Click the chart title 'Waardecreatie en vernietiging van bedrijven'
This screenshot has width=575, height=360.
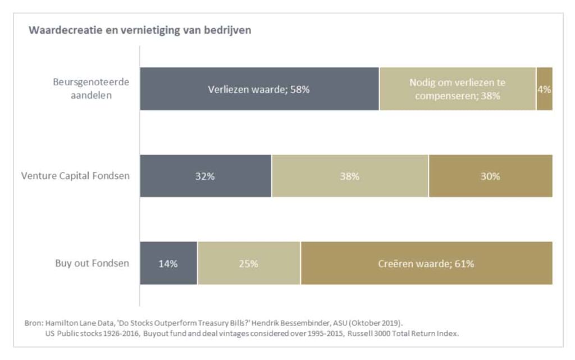[140, 30]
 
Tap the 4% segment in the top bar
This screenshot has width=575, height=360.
[544, 89]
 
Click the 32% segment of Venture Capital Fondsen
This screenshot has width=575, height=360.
[206, 176]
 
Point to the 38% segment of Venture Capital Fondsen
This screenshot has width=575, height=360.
[350, 176]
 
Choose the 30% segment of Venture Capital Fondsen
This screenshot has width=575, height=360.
[490, 176]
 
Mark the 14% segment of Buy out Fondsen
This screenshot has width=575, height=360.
[168, 263]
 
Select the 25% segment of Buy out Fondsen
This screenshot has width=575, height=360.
[249, 263]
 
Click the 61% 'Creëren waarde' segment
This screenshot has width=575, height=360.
[426, 263]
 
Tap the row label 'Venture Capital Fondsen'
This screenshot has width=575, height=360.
[75, 176]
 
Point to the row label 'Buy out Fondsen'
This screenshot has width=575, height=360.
[92, 263]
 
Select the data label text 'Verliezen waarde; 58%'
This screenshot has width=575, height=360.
[259, 89]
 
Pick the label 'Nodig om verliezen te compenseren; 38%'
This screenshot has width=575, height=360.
[458, 89]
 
